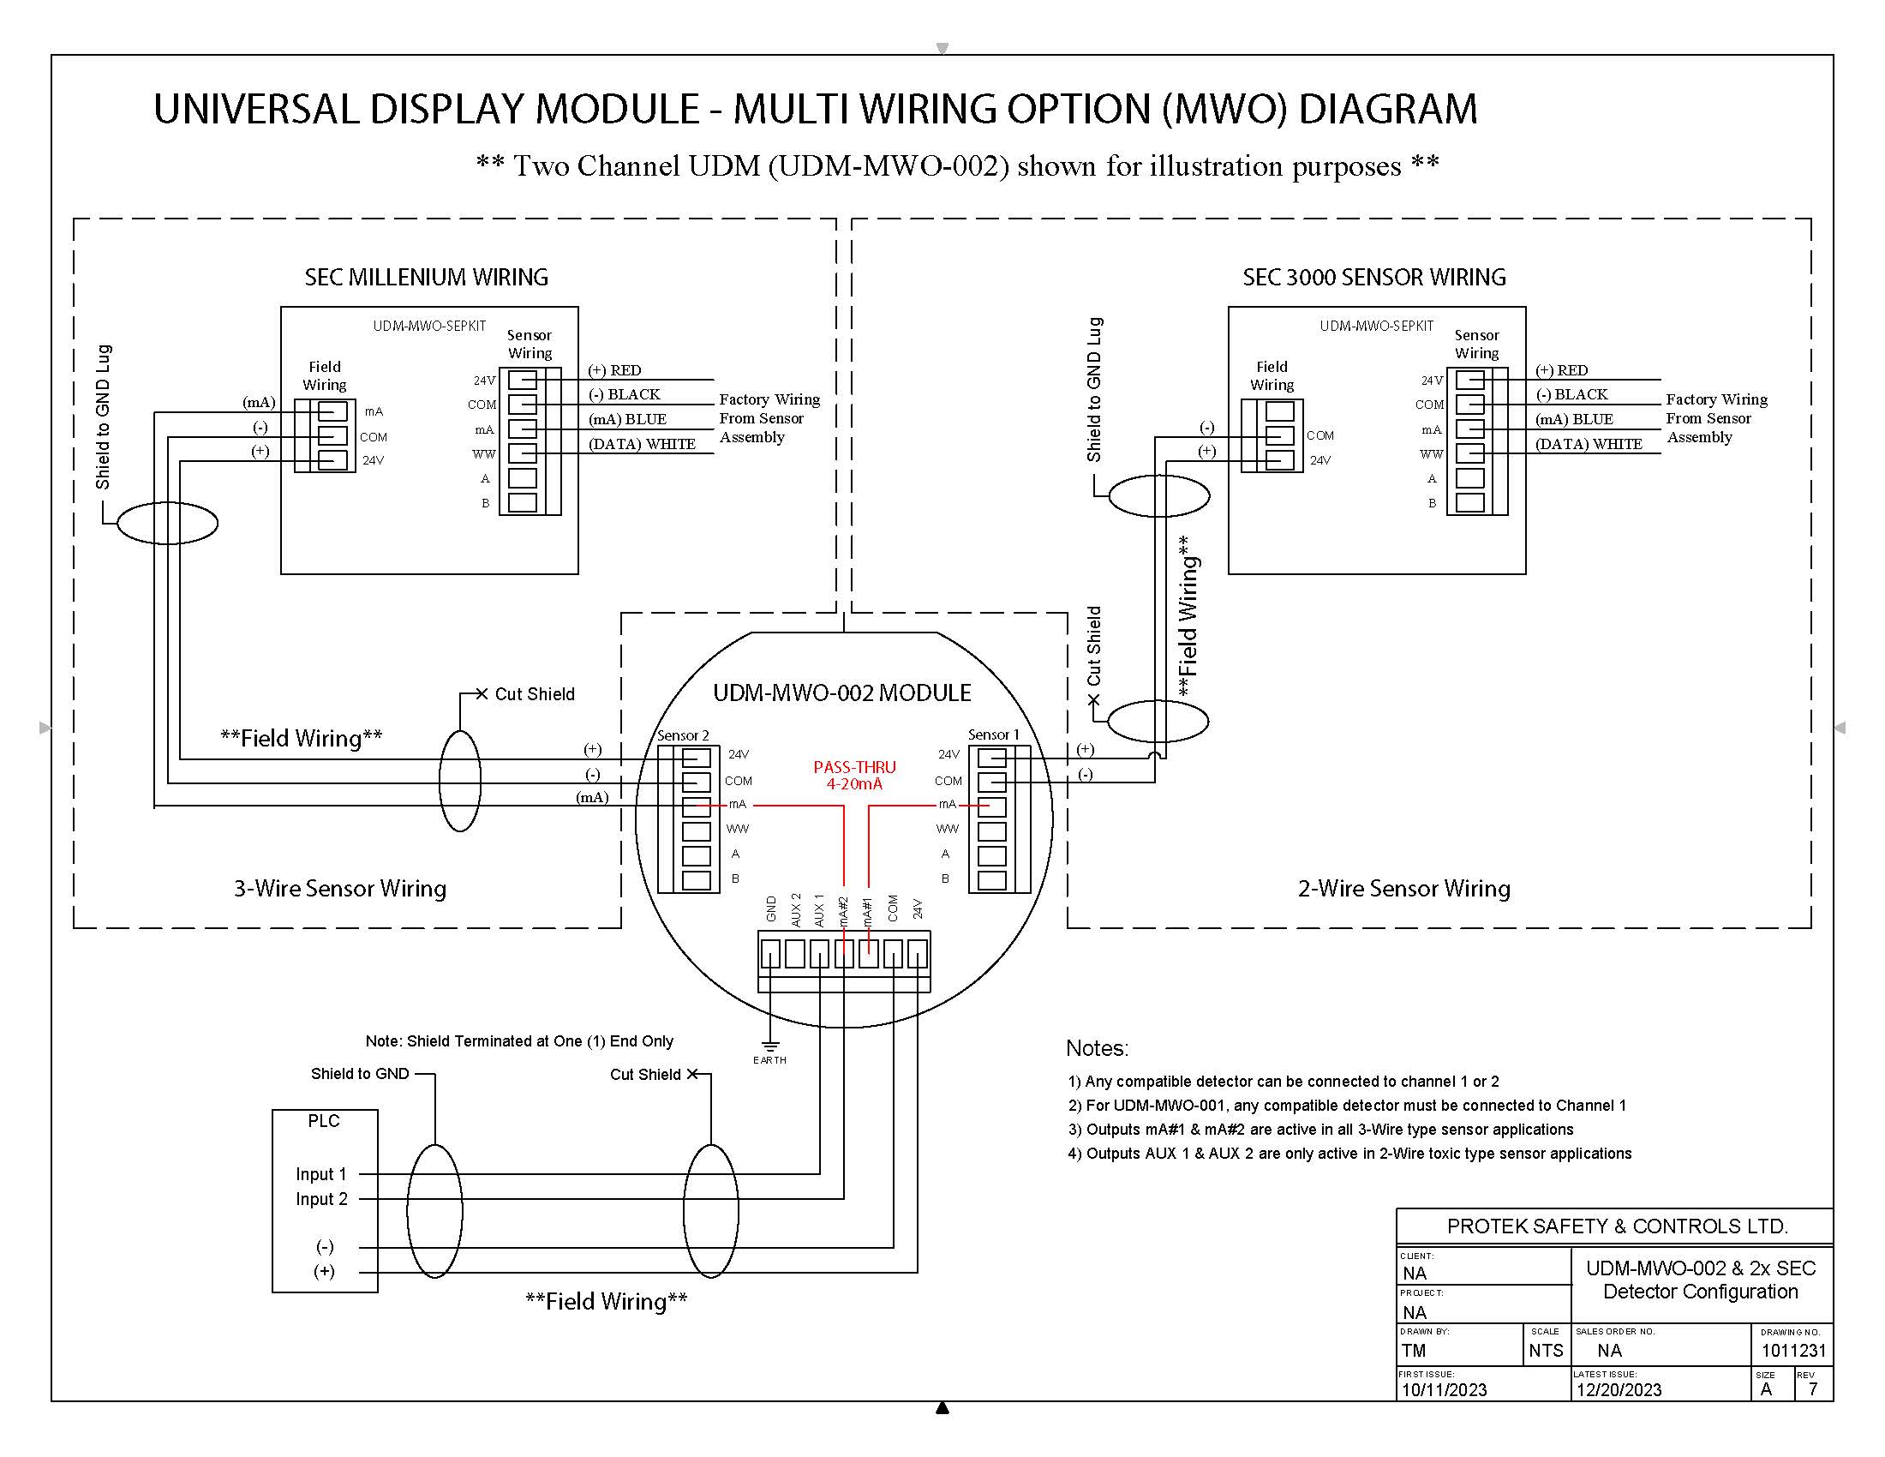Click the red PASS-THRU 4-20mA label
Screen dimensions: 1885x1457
(x=854, y=775)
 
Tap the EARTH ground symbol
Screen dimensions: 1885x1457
(x=770, y=1046)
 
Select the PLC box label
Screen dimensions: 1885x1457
(x=324, y=1120)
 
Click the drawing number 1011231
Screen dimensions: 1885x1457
(x=1793, y=1351)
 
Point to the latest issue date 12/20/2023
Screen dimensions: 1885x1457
(x=1619, y=1389)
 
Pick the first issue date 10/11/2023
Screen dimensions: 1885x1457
(x=1444, y=1389)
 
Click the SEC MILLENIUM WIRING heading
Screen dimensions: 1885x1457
(x=427, y=277)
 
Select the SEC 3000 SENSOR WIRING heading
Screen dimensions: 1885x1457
(x=1374, y=277)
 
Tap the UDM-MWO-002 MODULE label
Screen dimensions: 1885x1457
(x=841, y=693)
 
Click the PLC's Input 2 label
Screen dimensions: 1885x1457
(x=321, y=1199)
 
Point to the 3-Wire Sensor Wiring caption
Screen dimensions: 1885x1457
(x=340, y=888)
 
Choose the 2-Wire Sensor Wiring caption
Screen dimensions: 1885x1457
(x=1404, y=888)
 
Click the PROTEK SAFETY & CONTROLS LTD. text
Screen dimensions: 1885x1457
(x=1618, y=1226)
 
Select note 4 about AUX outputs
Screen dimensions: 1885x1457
(x=1349, y=1153)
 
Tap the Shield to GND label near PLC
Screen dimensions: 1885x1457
(x=360, y=1074)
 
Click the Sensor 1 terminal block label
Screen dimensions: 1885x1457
(x=993, y=734)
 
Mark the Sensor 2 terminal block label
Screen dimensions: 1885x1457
(x=683, y=735)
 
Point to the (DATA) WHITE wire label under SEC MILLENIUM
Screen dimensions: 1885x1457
(x=642, y=444)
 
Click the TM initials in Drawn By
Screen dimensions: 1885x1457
(x=1414, y=1351)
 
